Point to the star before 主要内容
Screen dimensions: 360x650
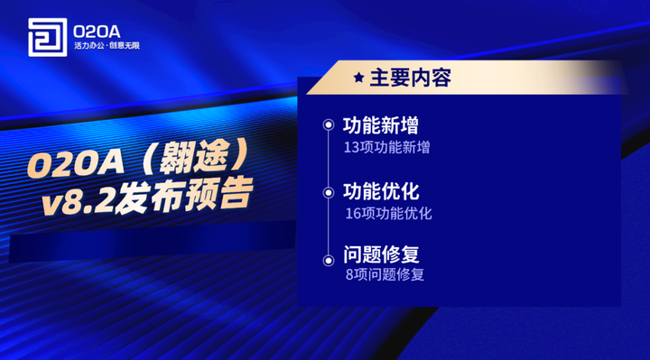[358, 78]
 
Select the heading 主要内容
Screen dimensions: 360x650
[410, 78]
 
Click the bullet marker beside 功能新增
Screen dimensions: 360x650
[329, 125]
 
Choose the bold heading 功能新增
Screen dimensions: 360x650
[381, 125]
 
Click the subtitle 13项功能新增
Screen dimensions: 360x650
[386, 147]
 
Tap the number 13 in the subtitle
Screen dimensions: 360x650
[351, 147]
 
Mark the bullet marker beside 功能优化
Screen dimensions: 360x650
[329, 191]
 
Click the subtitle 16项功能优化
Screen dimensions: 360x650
[389, 214]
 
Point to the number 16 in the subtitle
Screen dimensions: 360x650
[353, 214]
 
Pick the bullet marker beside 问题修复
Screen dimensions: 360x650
[329, 258]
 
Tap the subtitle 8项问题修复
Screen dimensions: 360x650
[385, 274]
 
